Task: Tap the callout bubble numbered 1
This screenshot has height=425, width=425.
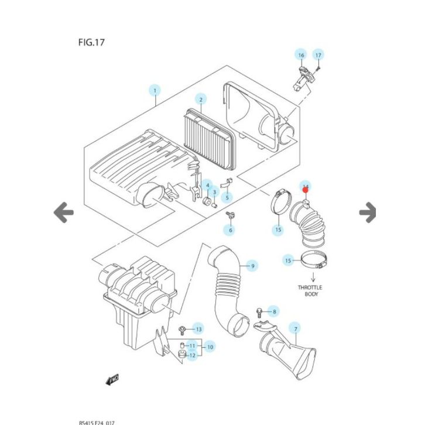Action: click(155, 91)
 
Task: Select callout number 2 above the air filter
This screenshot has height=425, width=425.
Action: click(200, 99)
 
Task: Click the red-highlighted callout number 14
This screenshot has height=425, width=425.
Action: click(306, 187)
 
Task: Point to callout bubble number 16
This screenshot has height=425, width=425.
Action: click(301, 56)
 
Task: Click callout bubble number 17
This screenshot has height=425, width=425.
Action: click(318, 56)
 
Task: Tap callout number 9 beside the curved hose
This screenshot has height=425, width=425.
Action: click(252, 266)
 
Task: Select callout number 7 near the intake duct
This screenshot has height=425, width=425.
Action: click(296, 329)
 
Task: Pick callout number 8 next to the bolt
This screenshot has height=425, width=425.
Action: click(274, 311)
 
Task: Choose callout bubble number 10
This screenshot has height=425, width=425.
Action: click(210, 347)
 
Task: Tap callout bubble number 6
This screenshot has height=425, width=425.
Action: click(231, 230)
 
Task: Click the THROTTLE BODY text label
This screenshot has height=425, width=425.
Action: click(310, 291)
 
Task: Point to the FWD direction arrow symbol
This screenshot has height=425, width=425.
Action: click(112, 381)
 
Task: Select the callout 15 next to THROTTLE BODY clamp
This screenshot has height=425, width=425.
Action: click(288, 260)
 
